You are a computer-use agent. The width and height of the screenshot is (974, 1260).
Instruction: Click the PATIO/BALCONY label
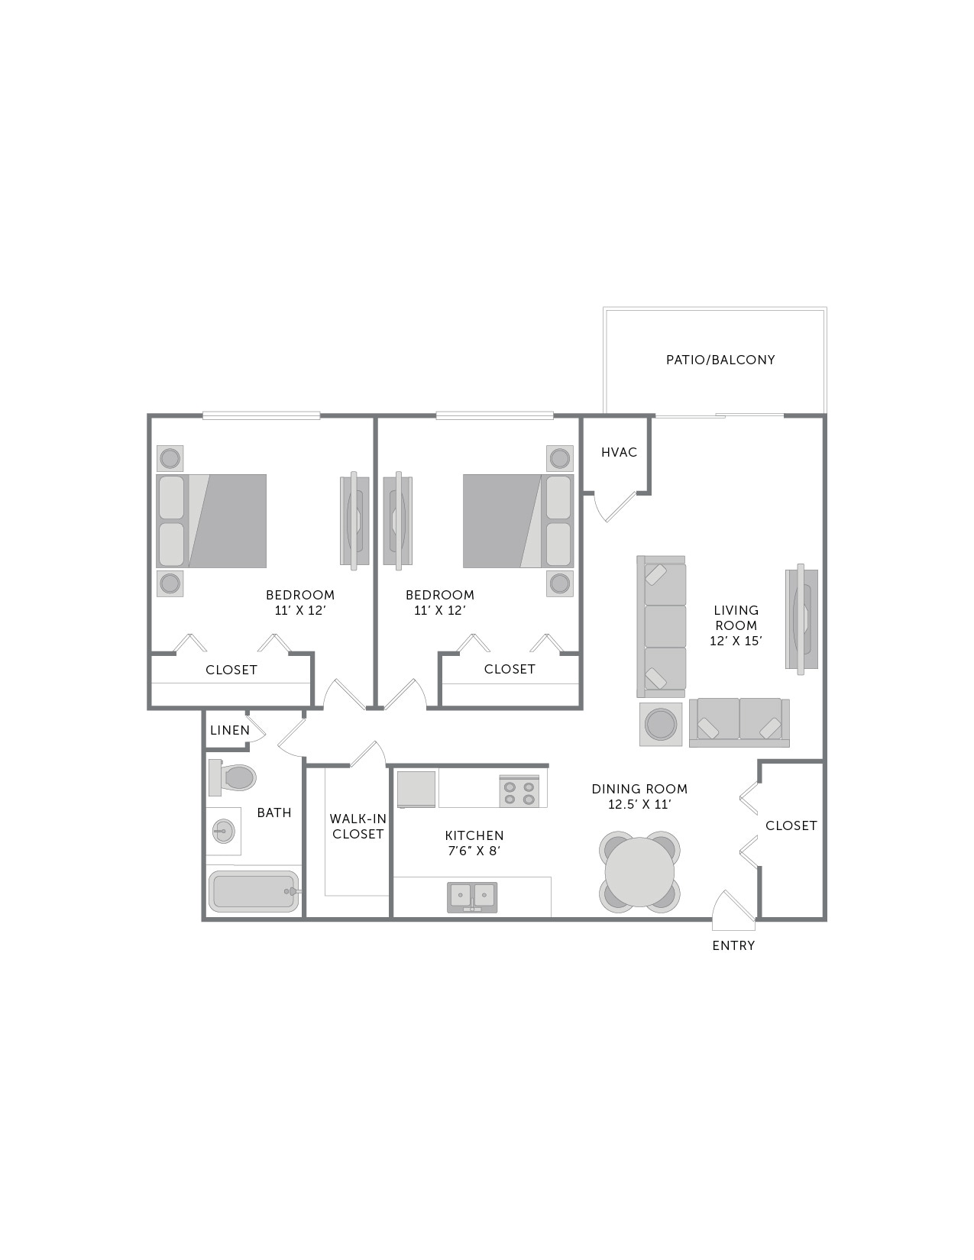[720, 360]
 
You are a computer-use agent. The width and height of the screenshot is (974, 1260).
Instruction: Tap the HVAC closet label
[619, 452]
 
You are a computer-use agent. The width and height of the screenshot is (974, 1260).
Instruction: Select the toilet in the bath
[234, 777]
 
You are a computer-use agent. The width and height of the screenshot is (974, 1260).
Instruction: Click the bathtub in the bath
[254, 891]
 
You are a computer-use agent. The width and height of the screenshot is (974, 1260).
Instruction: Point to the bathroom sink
[223, 830]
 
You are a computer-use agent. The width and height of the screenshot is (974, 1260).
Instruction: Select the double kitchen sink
[472, 895]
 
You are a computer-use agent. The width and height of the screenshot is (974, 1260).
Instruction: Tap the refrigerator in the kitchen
[416, 789]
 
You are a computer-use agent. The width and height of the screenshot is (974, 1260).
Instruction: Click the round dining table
[639, 871]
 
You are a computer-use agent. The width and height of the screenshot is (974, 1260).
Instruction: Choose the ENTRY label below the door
[733, 945]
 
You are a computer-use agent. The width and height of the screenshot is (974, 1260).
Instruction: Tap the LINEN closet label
[230, 730]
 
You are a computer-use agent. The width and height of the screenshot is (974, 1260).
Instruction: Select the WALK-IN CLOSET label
[358, 826]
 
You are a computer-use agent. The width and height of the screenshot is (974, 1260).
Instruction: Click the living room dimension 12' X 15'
[736, 641]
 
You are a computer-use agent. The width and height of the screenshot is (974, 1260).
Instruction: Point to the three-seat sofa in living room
[662, 625]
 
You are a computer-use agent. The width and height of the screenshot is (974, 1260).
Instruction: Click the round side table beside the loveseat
[661, 723]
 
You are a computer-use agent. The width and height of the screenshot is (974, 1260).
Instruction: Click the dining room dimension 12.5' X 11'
[639, 804]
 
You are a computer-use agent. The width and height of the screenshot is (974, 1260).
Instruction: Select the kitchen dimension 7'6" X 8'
[474, 851]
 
